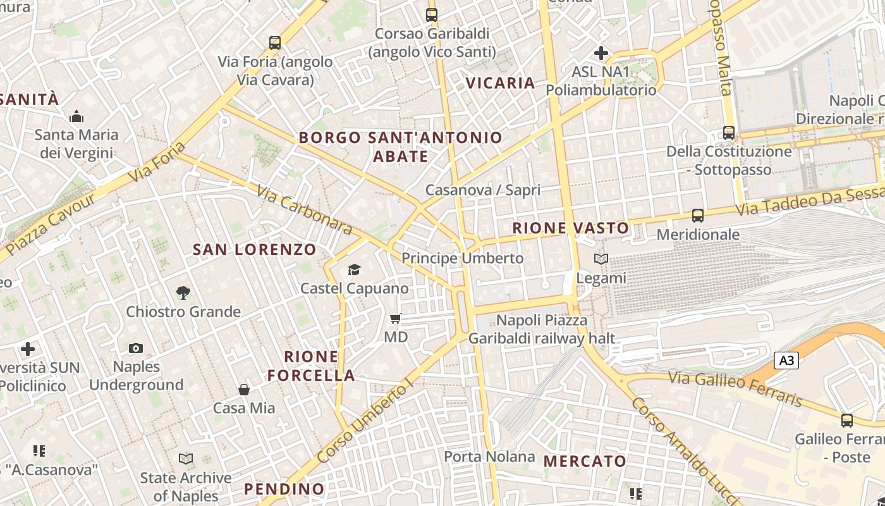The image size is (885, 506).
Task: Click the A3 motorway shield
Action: pos(786,361)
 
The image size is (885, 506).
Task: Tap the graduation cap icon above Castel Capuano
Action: pos(354,270)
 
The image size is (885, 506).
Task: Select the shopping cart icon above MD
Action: pos(396,318)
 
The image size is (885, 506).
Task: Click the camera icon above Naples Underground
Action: pos(136,348)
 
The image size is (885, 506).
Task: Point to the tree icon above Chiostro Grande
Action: pos(183,292)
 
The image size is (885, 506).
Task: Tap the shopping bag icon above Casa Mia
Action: pos(244,390)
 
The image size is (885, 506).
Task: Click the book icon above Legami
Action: pos(601,259)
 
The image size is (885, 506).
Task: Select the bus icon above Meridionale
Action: pos(698,216)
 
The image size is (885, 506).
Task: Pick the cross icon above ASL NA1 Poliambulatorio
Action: pos(601,53)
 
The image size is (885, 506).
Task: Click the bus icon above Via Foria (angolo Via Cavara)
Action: pos(274,43)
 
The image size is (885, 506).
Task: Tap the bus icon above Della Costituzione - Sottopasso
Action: pos(729,133)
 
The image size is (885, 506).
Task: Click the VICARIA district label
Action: pos(500,83)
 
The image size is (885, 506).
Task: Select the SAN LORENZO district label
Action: pos(254,249)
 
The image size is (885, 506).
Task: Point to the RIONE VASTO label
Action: pos(570,228)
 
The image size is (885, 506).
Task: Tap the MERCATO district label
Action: pos(585,461)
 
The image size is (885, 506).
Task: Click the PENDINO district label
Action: pos(284,489)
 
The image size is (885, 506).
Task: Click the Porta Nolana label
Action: pos(489,456)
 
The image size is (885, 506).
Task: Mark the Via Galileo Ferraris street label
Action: pos(735,387)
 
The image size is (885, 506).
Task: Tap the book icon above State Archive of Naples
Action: pos(186,459)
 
